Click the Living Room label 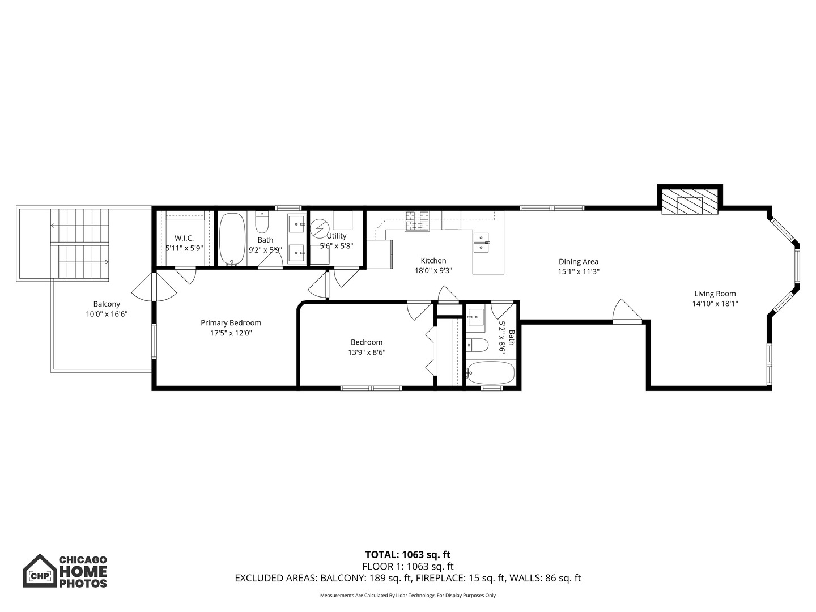(x=715, y=294)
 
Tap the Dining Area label (x=578, y=261)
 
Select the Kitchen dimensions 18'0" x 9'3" (x=433, y=271)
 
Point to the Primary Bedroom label (x=231, y=323)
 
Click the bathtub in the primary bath (x=232, y=239)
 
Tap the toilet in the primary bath (x=261, y=223)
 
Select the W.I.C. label (x=184, y=239)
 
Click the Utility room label (x=337, y=236)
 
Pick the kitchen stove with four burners (x=417, y=221)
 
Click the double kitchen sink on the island (x=481, y=241)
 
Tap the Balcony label (x=107, y=304)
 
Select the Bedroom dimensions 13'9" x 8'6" (x=367, y=352)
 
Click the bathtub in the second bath (x=490, y=373)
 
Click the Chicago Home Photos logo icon (x=40, y=571)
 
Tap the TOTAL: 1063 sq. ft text (x=407, y=555)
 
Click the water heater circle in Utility (x=318, y=228)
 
